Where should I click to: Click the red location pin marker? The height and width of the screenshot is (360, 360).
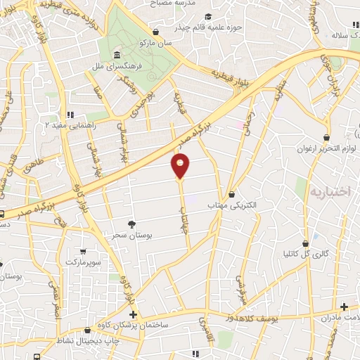pos(181,166)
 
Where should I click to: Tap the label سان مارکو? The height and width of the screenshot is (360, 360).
pos(156,44)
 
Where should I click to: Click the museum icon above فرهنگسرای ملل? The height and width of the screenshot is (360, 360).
pos(116,55)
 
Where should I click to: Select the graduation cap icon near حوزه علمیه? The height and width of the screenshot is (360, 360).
pos(207,17)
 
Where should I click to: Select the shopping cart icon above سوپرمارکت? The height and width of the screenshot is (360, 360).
pos(84,251)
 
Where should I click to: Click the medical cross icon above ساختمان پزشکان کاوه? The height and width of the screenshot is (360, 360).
pos(133,314)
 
